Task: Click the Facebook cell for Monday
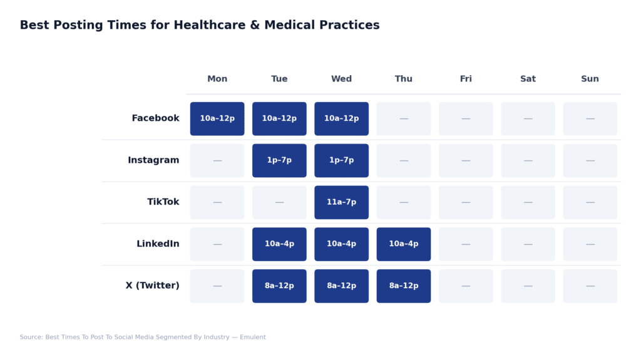click(x=217, y=118)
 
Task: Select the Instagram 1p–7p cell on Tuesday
click(x=279, y=160)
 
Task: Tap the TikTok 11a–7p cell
click(x=341, y=202)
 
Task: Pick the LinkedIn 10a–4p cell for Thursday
click(x=404, y=244)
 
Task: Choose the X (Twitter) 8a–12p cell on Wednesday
click(x=341, y=286)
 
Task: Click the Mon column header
click(x=217, y=79)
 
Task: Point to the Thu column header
click(x=404, y=79)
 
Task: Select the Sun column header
click(x=590, y=79)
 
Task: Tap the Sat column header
click(x=528, y=79)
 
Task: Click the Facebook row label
click(x=155, y=118)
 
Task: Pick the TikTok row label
click(x=163, y=202)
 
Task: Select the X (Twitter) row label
click(x=152, y=286)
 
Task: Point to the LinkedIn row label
click(x=158, y=244)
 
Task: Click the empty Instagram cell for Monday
click(x=217, y=160)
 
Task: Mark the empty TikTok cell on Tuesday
click(x=279, y=202)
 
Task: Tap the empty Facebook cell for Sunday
click(x=590, y=118)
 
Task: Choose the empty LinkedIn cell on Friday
click(x=466, y=244)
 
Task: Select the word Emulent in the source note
click(x=253, y=337)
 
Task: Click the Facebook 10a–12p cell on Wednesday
click(x=341, y=118)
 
